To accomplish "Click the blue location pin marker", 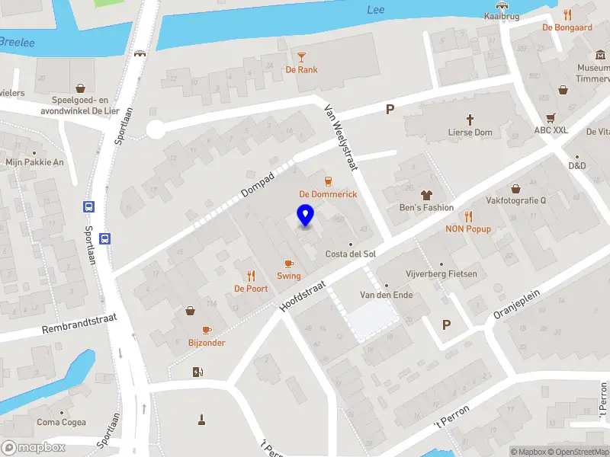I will pos(305,216).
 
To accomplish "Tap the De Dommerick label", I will pos(328,194).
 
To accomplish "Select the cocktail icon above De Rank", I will pos(302,57).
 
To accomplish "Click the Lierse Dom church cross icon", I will pos(470,120).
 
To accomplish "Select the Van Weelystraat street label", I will pos(341,137).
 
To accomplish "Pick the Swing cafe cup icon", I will pos(288,264).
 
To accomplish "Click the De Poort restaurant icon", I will pos(250,276).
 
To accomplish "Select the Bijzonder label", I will pos(207,343).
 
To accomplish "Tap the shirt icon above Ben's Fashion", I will pos(426,195).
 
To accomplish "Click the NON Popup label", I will pos(468,228).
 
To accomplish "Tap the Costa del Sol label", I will pos(351,254).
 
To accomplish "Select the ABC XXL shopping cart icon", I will pos(551,117).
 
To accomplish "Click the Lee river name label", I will pos(376,10).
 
